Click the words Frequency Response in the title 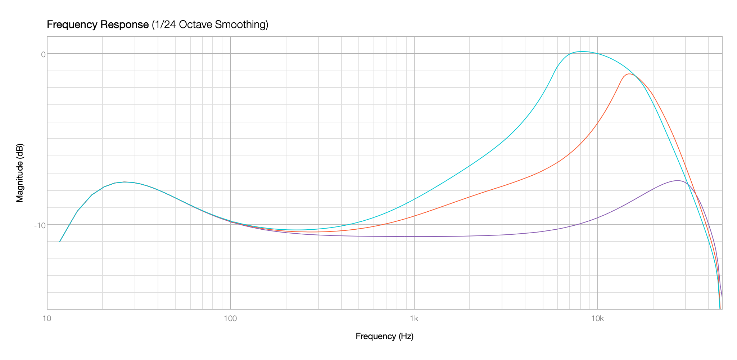point(98,25)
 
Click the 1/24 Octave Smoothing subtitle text point(210,25)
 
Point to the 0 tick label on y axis point(43,54)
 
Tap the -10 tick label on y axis point(40,225)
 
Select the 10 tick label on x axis point(46,319)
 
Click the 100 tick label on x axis point(230,319)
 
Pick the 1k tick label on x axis point(414,319)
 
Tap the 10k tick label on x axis point(597,319)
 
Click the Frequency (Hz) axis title point(384,336)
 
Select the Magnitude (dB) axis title point(20,173)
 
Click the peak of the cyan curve point(582,51)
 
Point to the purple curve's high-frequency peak point(678,181)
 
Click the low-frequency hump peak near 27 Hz point(125,182)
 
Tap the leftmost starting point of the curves point(60,242)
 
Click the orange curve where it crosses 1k point(414,216)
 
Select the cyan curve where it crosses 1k point(414,199)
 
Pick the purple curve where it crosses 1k point(414,237)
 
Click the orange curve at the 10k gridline point(598,123)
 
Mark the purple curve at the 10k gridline point(598,218)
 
